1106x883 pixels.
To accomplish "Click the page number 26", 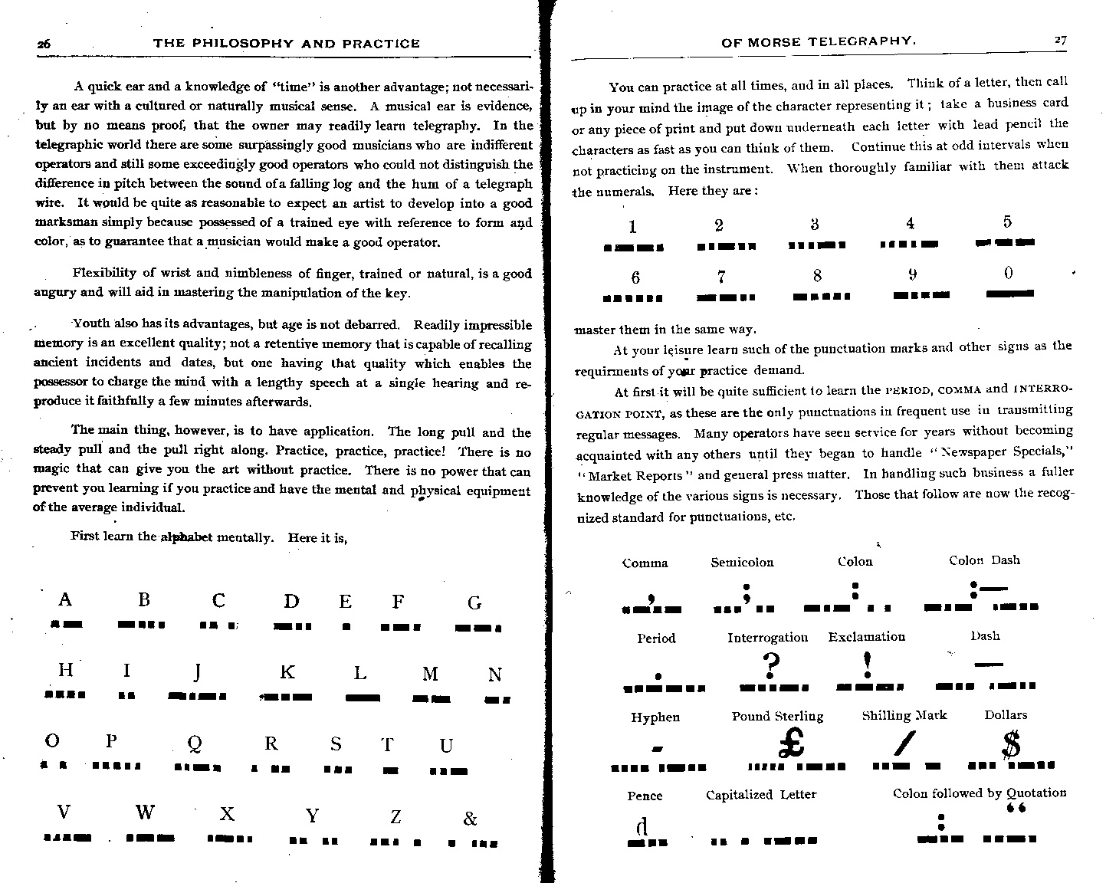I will [x=44, y=44].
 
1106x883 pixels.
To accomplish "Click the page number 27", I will [x=1060, y=41].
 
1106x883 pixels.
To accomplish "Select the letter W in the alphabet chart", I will [x=145, y=812].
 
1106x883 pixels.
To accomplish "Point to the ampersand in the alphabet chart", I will [x=471, y=819].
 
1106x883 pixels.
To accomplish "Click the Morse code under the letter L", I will [x=363, y=698].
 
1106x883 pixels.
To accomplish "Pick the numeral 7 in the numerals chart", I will [x=721, y=277].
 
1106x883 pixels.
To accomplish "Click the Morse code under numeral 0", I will [x=1009, y=293].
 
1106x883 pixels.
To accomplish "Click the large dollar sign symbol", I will [x=1012, y=743].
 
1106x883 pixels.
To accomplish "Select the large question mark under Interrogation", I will [x=770, y=665].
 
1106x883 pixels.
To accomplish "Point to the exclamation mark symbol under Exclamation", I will [x=867, y=664].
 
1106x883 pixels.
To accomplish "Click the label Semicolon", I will [x=742, y=563].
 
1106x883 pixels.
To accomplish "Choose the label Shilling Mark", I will [x=904, y=715].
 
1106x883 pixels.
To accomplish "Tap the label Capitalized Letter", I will [x=761, y=795].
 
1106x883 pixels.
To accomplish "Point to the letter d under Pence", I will [x=642, y=826].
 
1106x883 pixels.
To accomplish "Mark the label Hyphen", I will [x=655, y=717].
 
